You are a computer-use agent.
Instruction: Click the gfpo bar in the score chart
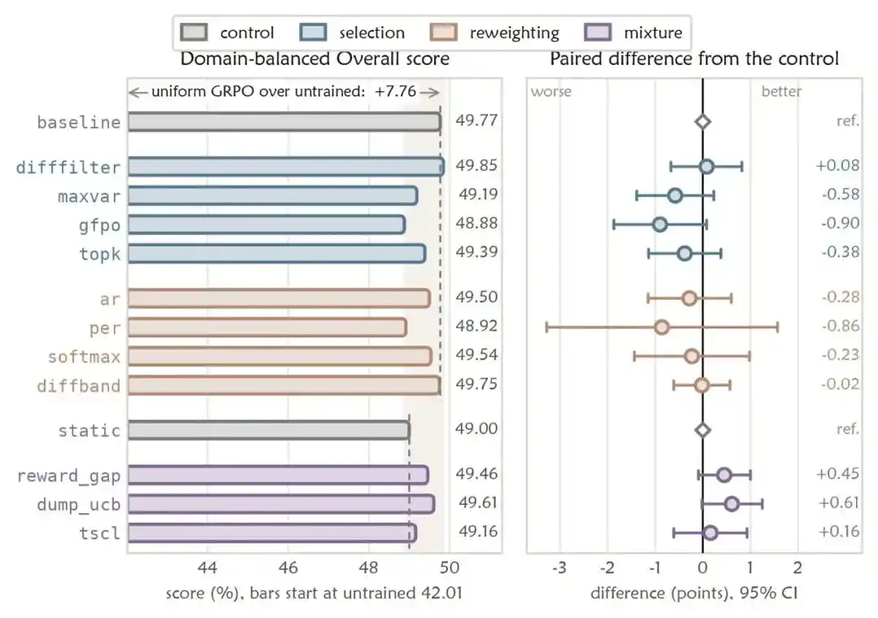click(267, 224)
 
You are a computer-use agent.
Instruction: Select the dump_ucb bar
click(281, 504)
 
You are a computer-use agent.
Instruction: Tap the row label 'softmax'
click(84, 357)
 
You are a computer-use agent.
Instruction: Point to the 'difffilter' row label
click(68, 167)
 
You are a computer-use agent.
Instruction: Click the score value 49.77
click(476, 120)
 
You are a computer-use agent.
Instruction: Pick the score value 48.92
click(476, 325)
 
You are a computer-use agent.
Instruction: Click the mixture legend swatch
click(598, 33)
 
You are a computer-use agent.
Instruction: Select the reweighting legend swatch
click(444, 33)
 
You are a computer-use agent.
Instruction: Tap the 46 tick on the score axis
click(288, 568)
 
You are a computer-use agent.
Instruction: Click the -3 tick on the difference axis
click(559, 568)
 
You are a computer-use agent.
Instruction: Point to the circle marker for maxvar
click(676, 195)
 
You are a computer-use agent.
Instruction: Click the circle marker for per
click(662, 327)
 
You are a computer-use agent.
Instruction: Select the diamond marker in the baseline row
click(702, 122)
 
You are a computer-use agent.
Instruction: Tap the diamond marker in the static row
click(702, 429)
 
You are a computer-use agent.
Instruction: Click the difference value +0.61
click(839, 503)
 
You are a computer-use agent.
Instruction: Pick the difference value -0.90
click(841, 223)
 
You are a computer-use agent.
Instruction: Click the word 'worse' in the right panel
click(551, 91)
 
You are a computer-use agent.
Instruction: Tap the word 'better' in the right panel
click(781, 91)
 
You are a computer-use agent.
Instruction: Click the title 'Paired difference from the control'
click(694, 59)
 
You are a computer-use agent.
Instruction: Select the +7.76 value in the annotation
click(395, 91)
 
